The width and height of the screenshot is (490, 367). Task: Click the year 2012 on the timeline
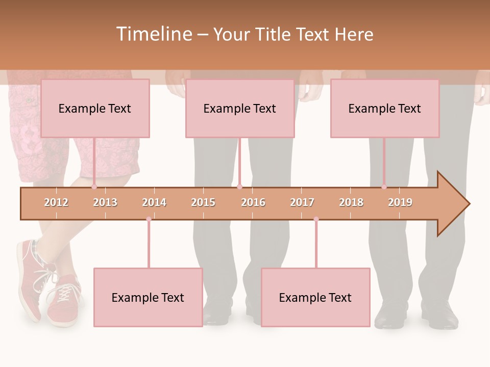(56, 202)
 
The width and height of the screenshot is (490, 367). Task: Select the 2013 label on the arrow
(105, 202)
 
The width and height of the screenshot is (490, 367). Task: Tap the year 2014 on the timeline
(154, 202)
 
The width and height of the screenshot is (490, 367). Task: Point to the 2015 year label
(203, 202)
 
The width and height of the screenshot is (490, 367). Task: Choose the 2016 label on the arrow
(253, 202)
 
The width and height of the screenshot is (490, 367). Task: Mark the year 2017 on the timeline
(302, 202)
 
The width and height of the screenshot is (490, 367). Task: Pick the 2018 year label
(351, 202)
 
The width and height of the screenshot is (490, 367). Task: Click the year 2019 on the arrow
(400, 202)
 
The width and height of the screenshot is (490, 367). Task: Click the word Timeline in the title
(153, 34)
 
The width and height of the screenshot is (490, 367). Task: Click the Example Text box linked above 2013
(95, 108)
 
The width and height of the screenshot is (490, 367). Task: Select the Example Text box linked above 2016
(240, 108)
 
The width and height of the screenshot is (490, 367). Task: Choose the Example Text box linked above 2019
(385, 108)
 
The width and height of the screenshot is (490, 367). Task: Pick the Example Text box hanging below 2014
(148, 298)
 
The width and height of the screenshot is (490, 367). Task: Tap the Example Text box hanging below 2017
(315, 298)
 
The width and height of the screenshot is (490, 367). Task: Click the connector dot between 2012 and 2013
(94, 187)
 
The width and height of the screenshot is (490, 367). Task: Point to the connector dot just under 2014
(149, 219)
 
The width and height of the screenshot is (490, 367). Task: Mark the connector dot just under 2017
(316, 219)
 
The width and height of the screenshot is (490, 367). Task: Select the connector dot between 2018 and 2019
(384, 187)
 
